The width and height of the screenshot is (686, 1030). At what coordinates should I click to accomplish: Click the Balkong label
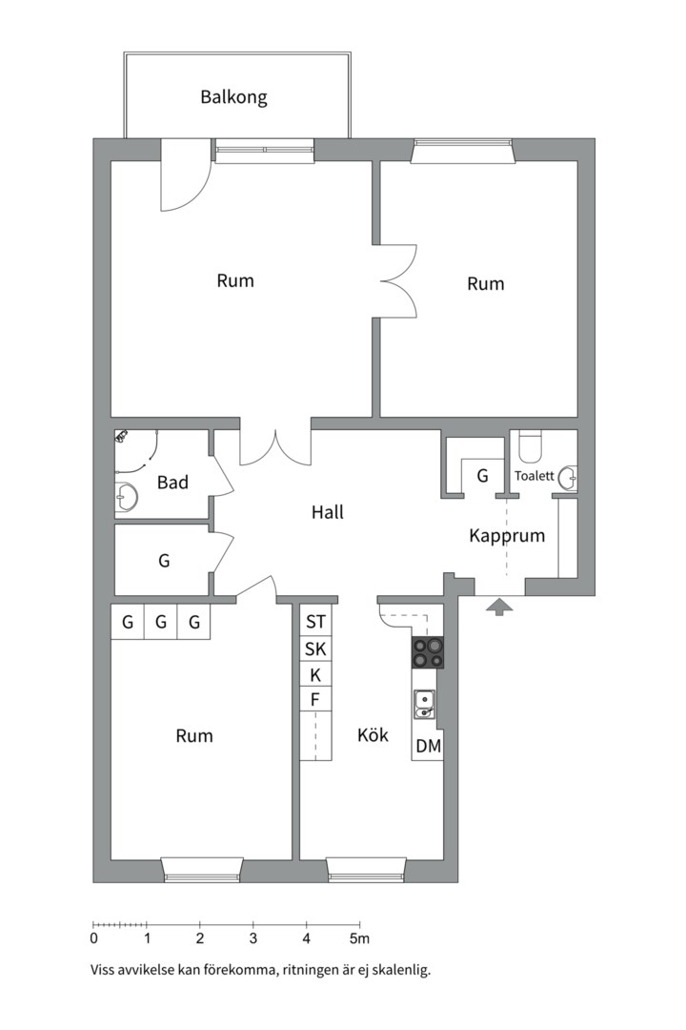tap(233, 97)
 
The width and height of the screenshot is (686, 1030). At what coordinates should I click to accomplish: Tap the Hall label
tap(328, 512)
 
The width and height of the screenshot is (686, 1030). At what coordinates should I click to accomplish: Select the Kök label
tap(373, 734)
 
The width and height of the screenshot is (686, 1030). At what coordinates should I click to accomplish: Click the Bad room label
tap(172, 483)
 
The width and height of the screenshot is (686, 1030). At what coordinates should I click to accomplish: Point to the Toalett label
tap(534, 476)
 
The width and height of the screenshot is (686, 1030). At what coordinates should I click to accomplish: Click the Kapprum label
tap(507, 535)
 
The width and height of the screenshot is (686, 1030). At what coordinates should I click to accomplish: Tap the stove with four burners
tap(428, 653)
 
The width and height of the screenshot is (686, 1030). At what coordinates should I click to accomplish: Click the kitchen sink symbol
tap(424, 705)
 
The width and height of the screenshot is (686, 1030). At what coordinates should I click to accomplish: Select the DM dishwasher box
tap(428, 745)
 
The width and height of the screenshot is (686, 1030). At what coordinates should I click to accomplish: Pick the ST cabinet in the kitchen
tap(315, 622)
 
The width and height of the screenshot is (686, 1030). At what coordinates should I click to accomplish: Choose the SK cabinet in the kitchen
tap(315, 649)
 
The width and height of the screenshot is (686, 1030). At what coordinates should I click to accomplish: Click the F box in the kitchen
tap(315, 700)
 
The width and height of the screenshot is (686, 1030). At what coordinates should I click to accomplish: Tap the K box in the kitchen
tap(315, 675)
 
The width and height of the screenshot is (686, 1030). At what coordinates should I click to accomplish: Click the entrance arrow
tap(499, 607)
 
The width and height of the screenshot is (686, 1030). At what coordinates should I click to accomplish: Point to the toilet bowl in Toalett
tap(529, 446)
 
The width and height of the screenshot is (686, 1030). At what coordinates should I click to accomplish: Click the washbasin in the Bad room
tap(126, 497)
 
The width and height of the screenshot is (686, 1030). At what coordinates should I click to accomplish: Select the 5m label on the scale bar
tap(359, 938)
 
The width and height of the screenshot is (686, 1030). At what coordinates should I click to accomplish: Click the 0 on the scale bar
tap(94, 938)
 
